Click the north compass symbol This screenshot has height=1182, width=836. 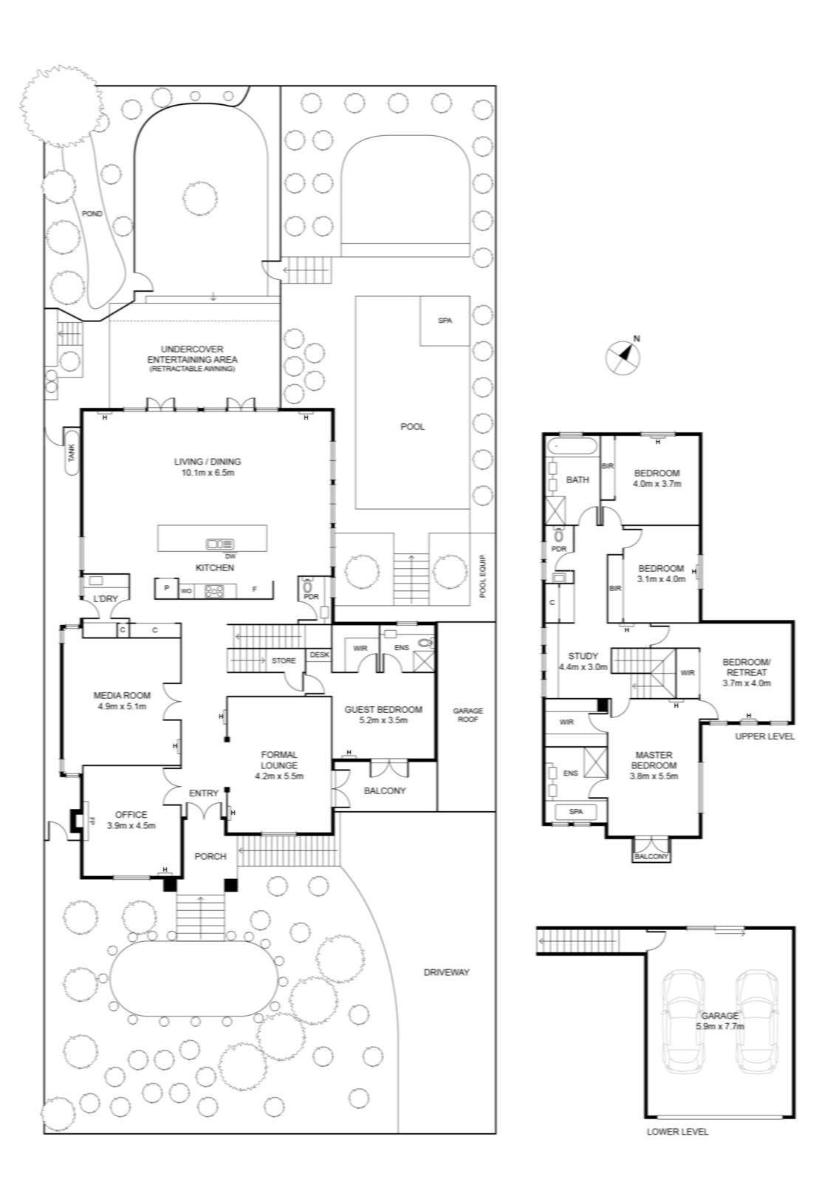click(623, 357)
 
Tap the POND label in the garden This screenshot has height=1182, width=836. click(92, 213)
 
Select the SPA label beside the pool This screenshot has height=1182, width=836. click(445, 321)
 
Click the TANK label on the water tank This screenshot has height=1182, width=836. click(71, 452)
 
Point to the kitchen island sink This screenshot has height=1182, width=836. click(220, 544)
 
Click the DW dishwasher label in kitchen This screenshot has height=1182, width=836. click(230, 556)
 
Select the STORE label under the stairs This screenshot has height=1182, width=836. click(284, 660)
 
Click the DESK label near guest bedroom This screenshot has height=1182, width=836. click(319, 655)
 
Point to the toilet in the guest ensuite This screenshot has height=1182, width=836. click(426, 642)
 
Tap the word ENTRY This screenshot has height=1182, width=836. click(204, 793)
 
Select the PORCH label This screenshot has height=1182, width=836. click(210, 856)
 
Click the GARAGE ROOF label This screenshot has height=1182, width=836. click(467, 714)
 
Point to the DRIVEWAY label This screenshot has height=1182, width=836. click(446, 972)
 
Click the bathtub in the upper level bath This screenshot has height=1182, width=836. click(572, 448)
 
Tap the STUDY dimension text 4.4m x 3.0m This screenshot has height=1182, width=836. click(583, 666)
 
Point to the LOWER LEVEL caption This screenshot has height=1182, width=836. click(678, 1131)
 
